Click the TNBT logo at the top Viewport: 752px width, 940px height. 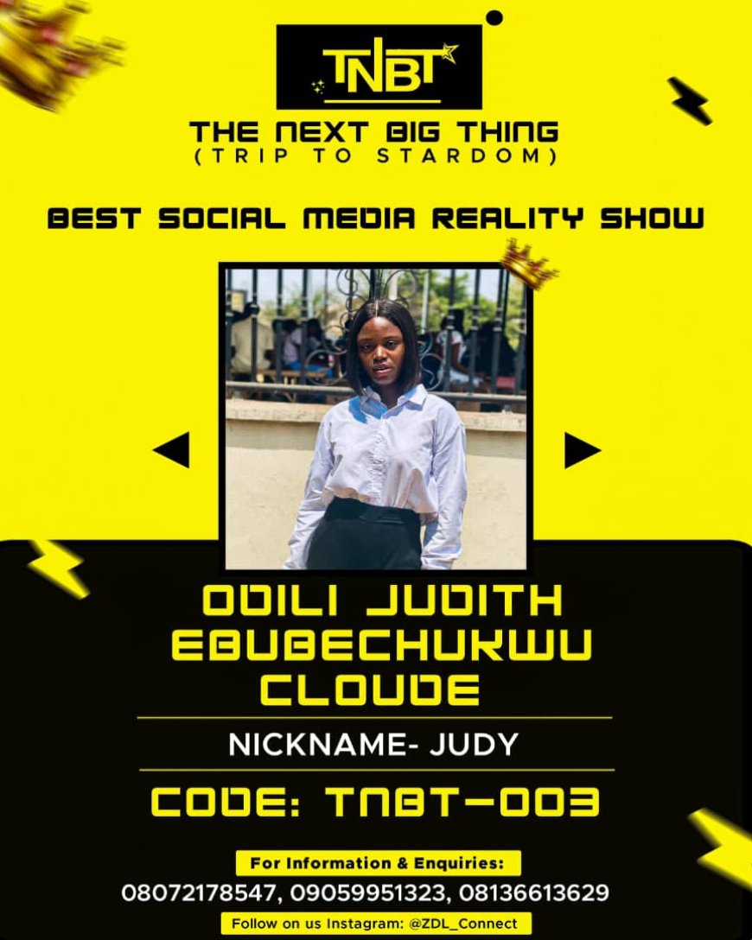[x=379, y=67]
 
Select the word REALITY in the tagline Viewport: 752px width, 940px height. [x=507, y=219]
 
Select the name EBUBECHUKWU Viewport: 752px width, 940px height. [x=382, y=645]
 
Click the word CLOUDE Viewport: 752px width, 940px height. [x=370, y=689]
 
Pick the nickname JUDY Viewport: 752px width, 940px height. [x=474, y=745]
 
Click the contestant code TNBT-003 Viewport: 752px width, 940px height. [x=462, y=802]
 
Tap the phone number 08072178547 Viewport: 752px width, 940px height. [x=199, y=892]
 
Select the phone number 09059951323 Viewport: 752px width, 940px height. [x=367, y=892]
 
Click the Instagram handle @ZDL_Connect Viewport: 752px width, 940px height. [x=463, y=924]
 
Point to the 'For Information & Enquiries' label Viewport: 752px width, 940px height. [x=377, y=863]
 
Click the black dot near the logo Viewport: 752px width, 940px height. [x=494, y=17]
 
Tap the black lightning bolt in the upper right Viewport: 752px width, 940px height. [x=690, y=100]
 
